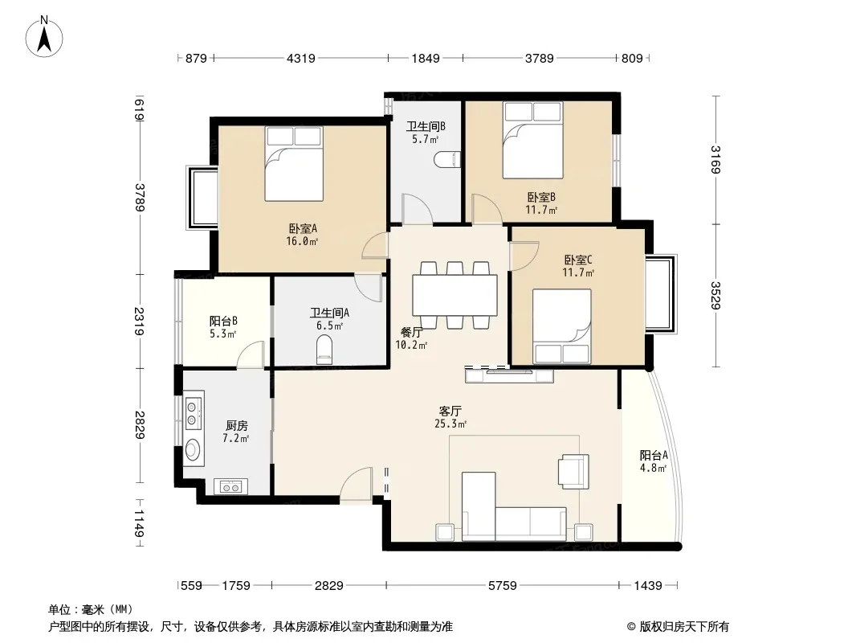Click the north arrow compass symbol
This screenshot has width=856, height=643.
pos(44,36)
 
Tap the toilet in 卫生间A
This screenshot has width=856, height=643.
pos(324,350)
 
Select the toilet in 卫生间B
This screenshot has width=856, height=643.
pos(447,160)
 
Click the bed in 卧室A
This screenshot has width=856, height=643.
pos(294,164)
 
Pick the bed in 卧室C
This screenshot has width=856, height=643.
pos(562,326)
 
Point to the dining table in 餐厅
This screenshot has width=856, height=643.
pos(454,295)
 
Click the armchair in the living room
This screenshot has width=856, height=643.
pos(573,471)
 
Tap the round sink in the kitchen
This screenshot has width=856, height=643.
pos(193,450)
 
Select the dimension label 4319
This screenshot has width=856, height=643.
pos(301,58)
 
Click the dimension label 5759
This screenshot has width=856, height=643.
pos(502,586)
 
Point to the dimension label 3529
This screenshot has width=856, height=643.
pos(715,295)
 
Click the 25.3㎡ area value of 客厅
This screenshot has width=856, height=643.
pos(450,424)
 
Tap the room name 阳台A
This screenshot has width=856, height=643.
pos(654,455)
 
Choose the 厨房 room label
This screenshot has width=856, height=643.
pos(237,425)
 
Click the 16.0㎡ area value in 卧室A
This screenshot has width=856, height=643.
pos(302,241)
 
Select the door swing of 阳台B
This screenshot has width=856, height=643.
pos(251,354)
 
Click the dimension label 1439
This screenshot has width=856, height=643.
pos(648,586)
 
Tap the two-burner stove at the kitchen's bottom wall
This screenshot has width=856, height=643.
pos(231,487)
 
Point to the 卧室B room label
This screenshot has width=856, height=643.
pos(541,197)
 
